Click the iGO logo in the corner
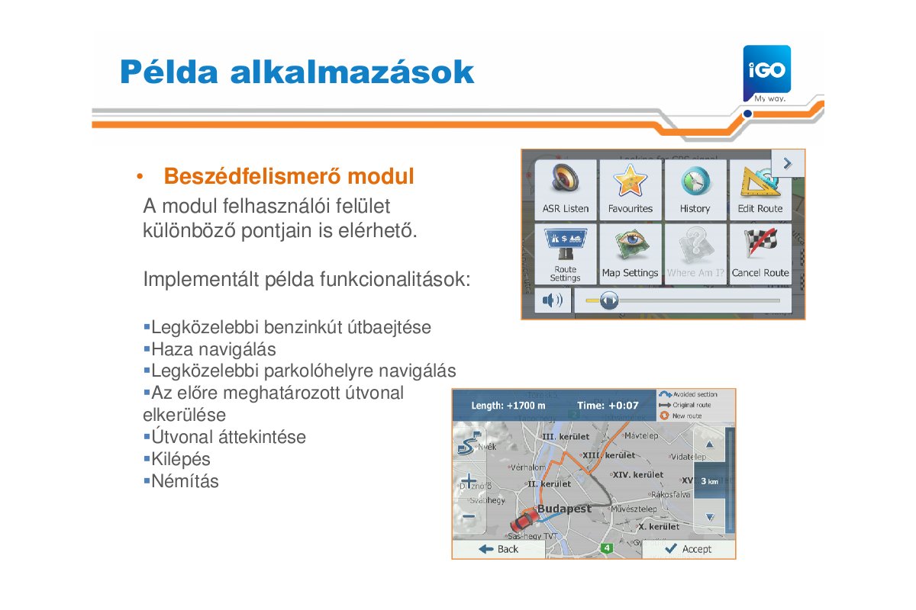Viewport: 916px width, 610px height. pos(766,70)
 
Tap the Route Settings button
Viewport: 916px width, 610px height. pos(565,253)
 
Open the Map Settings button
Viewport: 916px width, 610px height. pos(630,253)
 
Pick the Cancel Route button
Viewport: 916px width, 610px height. pos(760,253)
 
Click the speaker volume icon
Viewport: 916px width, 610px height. pos(551,300)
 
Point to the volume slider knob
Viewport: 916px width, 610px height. pos(608,300)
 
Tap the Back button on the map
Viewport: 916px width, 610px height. pos(498,549)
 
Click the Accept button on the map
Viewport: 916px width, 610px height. pos(688,549)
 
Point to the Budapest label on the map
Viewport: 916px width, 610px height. pos(564,509)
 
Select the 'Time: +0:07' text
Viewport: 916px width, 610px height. pos(608,406)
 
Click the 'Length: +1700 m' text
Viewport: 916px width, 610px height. pos(508,406)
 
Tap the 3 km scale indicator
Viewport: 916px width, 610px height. pos(709,481)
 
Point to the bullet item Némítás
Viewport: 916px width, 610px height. pos(185,482)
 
